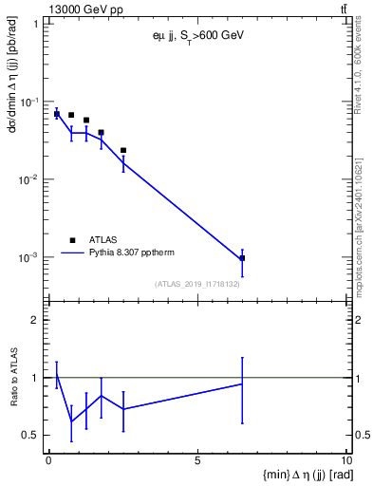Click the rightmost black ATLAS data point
coord(242,258)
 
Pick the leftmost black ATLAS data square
coord(57,114)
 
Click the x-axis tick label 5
coord(197,462)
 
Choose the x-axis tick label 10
coord(345,462)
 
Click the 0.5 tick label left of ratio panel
coord(32,435)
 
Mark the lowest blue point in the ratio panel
coord(71,421)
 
